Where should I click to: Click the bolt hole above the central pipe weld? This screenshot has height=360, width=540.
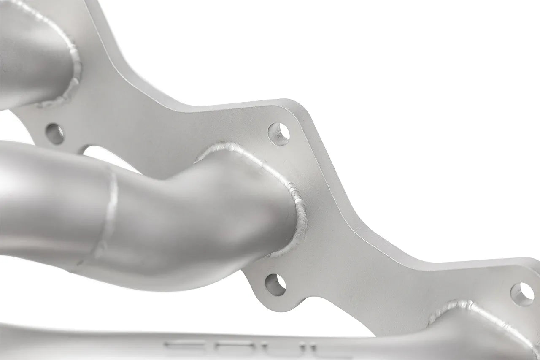[279, 134]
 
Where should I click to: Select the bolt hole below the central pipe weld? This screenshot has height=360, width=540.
[275, 285]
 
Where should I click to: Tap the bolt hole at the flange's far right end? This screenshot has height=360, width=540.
[522, 294]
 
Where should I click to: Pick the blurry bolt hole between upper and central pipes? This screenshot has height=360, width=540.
[55, 134]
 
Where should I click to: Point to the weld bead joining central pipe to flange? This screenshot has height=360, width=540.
[295, 198]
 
